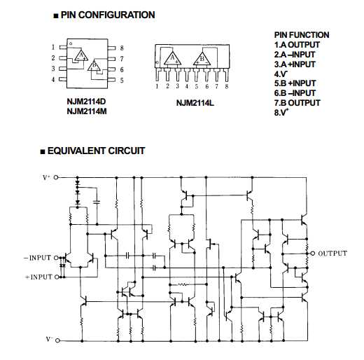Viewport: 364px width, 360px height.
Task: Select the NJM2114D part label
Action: pyautogui.click(x=87, y=101)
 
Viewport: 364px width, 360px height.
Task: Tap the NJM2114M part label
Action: pyautogui.click(x=87, y=111)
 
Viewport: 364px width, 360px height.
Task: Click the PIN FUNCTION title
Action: pyautogui.click(x=301, y=35)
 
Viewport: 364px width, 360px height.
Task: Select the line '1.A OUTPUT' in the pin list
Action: pyautogui.click(x=299, y=44)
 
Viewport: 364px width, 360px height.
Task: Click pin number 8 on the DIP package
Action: pyautogui.click(x=122, y=48)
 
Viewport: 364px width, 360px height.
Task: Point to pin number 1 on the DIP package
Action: pyautogui.click(x=52, y=48)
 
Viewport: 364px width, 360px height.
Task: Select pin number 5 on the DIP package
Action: pyautogui.click(x=122, y=81)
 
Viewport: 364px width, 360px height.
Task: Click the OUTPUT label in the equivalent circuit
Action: pyautogui.click(x=332, y=253)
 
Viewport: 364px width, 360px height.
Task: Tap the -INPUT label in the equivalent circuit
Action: pyautogui.click(x=38, y=258)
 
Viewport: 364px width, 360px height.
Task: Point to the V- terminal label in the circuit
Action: pyautogui.click(x=48, y=339)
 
